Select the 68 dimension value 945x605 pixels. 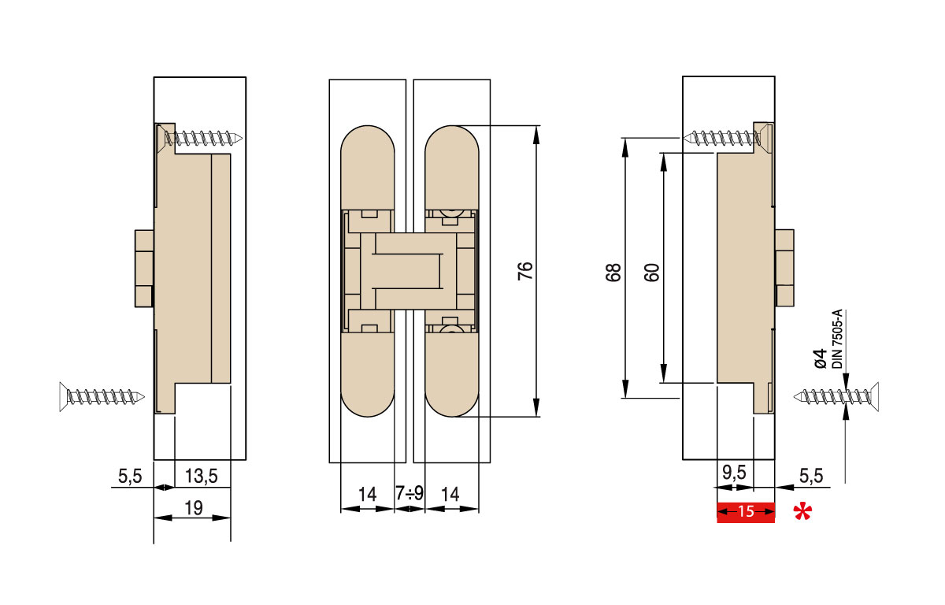click(615, 272)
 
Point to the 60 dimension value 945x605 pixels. click(651, 272)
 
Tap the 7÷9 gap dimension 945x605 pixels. click(409, 495)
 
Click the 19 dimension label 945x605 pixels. click(191, 508)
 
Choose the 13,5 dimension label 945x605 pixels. click(201, 476)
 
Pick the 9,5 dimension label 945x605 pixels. click(735, 474)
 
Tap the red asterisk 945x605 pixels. click(802, 514)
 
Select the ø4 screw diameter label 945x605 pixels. click(819, 358)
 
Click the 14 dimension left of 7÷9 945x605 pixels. click(367, 495)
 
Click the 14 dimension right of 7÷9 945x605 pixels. click(451, 495)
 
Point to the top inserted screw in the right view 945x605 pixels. click(725, 138)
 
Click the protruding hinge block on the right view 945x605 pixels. click(784, 268)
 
